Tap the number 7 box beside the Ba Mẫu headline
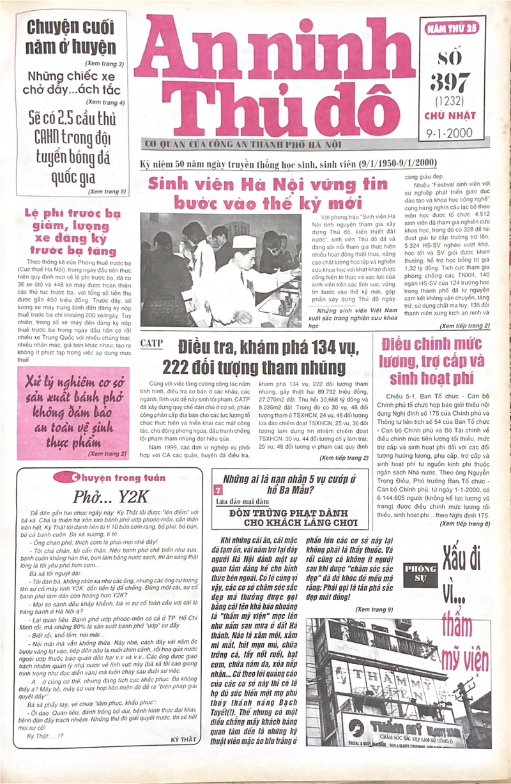tap(218, 490)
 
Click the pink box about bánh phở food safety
tap(72, 412)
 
